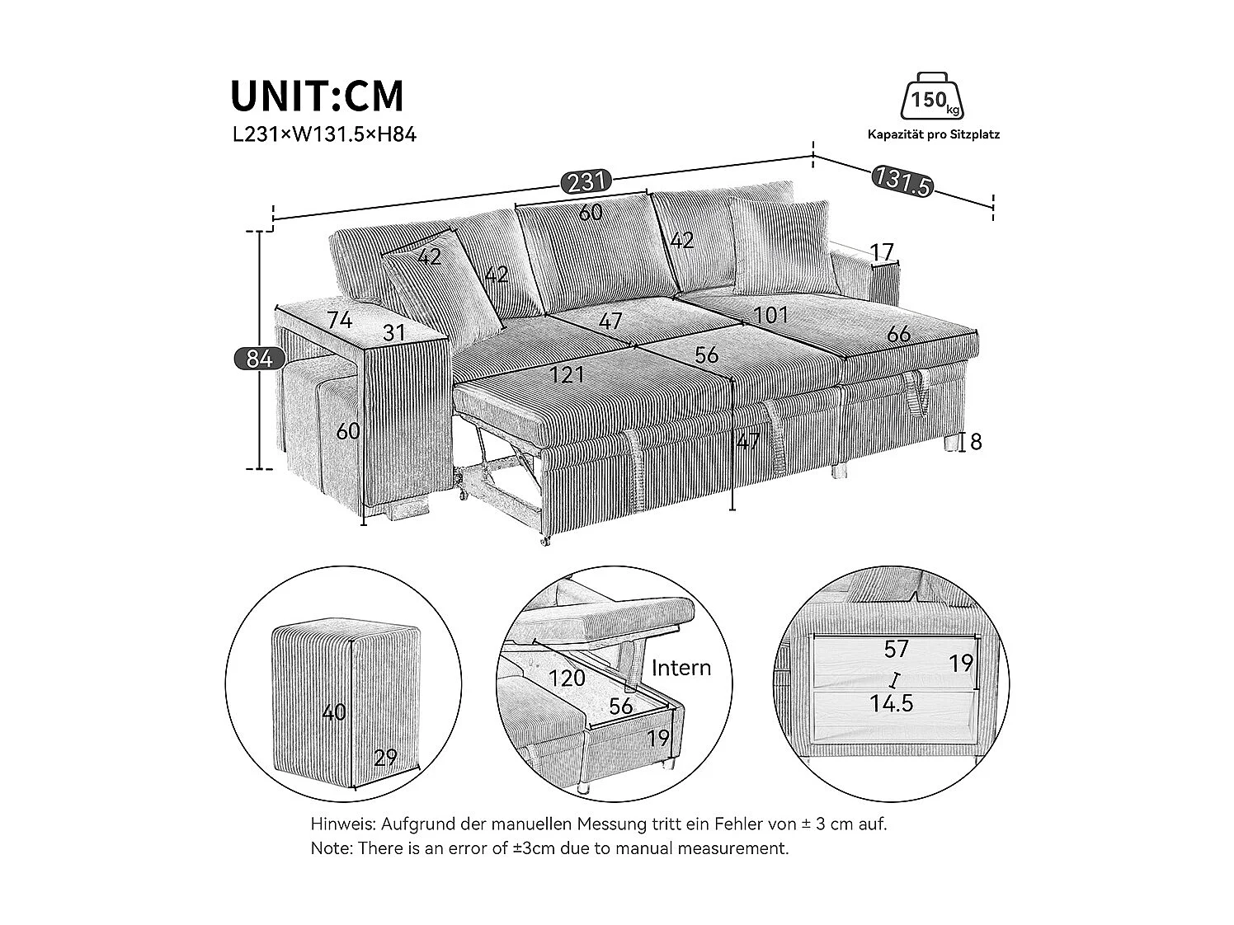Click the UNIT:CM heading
(x=318, y=96)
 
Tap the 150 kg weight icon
(x=933, y=100)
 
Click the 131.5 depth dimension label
(x=902, y=181)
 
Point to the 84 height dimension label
(x=259, y=359)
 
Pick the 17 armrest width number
(x=881, y=251)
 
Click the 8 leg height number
(x=976, y=442)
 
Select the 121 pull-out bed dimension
(x=568, y=375)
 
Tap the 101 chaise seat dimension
(x=770, y=315)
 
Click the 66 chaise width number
(x=899, y=334)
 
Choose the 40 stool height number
(x=334, y=711)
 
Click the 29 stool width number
(x=385, y=758)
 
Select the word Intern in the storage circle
(x=681, y=667)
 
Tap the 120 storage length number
(x=568, y=678)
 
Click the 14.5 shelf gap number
(x=891, y=703)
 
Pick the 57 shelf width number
(x=896, y=650)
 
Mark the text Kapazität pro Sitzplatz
(x=933, y=134)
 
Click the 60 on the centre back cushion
(x=590, y=212)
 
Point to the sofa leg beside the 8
(x=951, y=444)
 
